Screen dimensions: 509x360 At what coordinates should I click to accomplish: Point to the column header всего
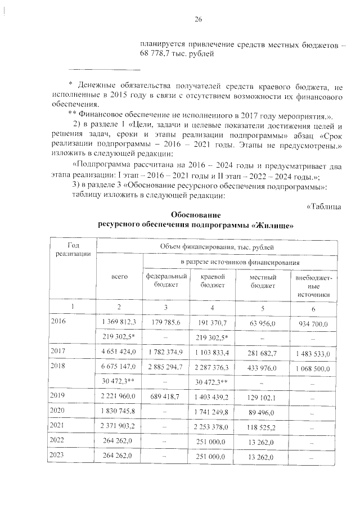click(x=119, y=277)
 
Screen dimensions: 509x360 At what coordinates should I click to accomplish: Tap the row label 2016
click(x=58, y=322)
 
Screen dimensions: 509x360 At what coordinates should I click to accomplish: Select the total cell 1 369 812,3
click(x=119, y=322)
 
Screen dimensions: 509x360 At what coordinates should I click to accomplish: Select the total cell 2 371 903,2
click(x=119, y=426)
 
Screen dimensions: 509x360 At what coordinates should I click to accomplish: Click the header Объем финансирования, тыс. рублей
click(x=217, y=246)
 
